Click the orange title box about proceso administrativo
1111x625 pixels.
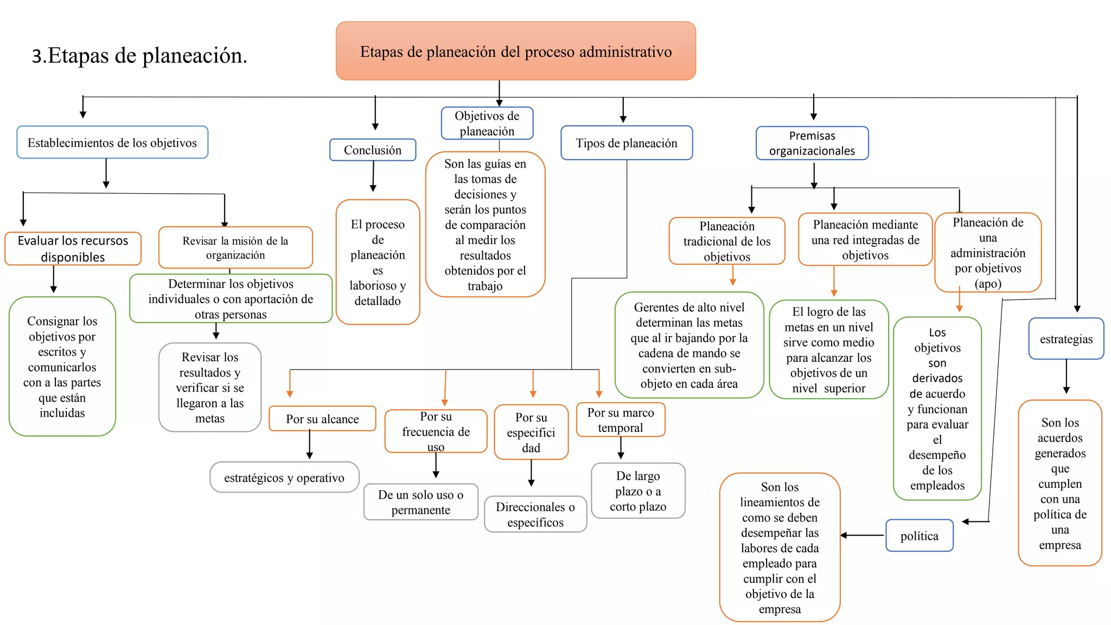(515, 51)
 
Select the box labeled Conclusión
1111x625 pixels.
(373, 150)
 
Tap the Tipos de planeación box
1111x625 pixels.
(626, 143)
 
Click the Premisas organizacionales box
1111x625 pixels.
(812, 143)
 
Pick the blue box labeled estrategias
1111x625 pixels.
(1066, 339)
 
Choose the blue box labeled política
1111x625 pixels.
(919, 536)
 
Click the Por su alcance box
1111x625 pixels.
(322, 419)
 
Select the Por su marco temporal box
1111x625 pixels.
(620, 420)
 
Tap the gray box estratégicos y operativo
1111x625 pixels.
(284, 477)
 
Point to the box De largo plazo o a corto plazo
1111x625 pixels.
(638, 491)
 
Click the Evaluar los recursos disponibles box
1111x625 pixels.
(73, 248)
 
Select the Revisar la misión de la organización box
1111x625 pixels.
(235, 248)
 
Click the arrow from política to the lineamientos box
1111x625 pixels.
(863, 535)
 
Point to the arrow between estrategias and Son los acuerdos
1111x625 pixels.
(1066, 378)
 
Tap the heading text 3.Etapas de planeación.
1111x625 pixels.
(139, 55)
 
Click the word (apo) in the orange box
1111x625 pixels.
(987, 284)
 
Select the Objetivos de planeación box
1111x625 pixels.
(487, 123)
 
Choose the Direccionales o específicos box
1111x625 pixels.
(535, 514)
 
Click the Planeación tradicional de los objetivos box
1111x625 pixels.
(726, 241)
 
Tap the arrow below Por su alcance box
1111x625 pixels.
(309, 445)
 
